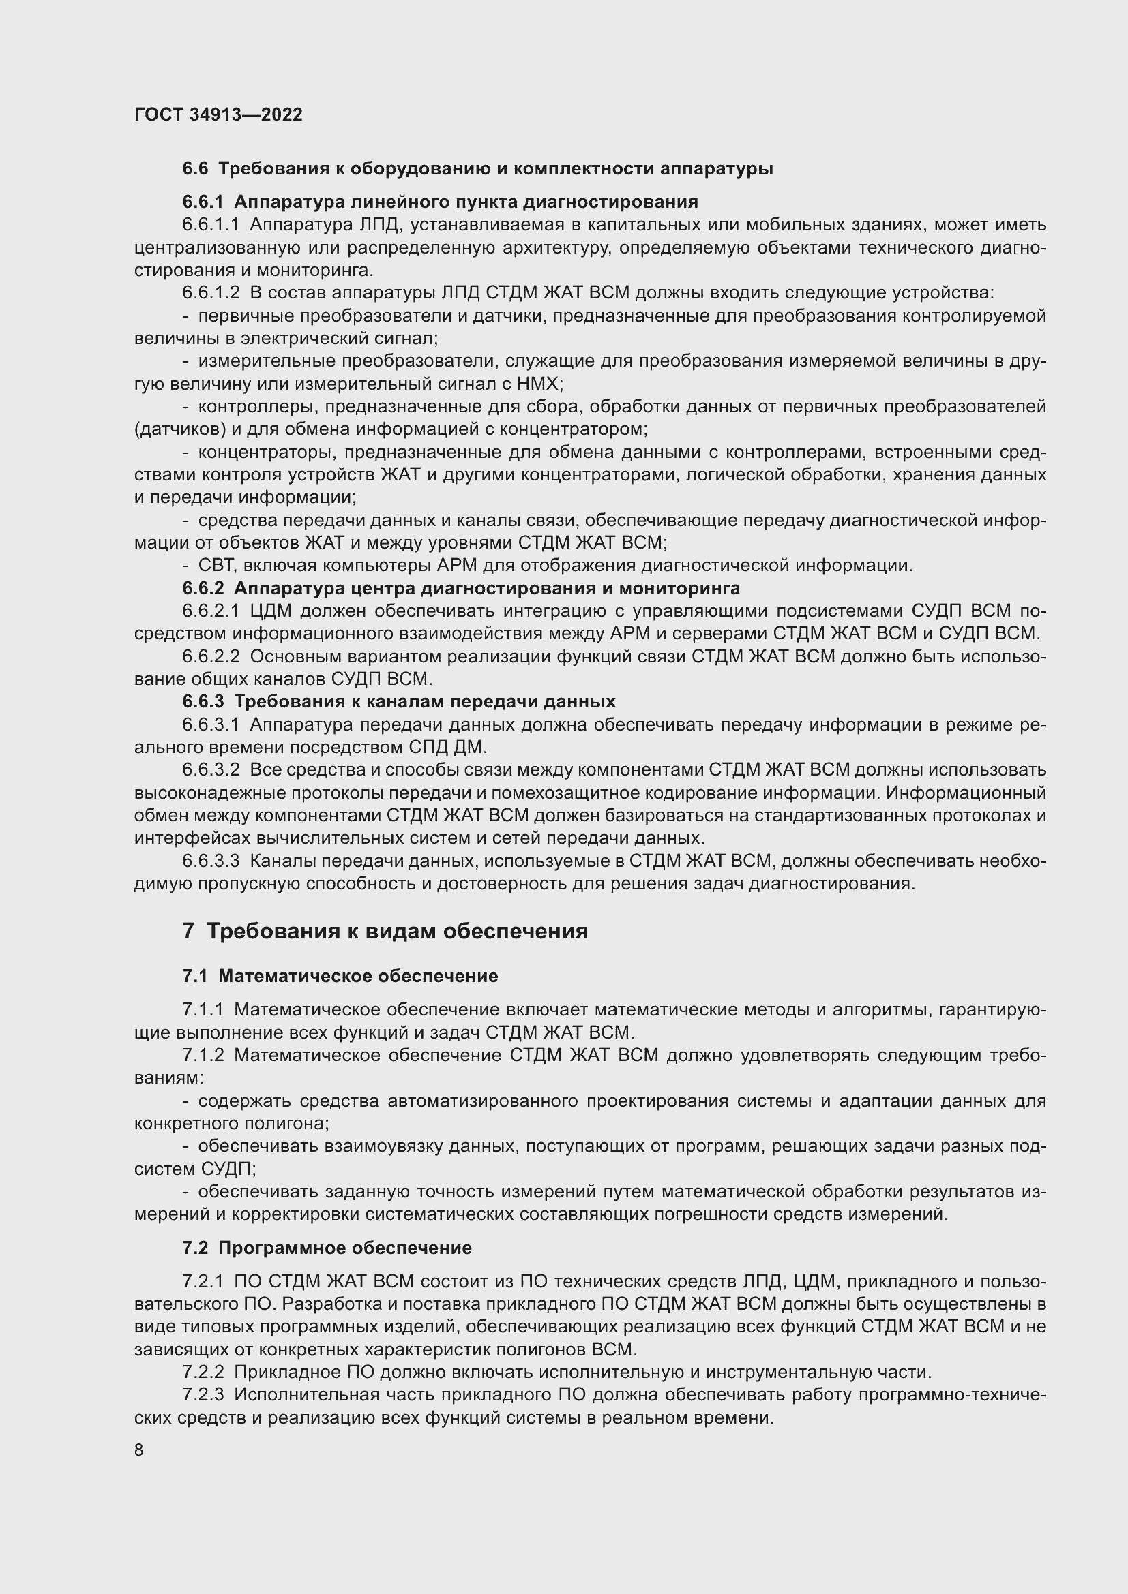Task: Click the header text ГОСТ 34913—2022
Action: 218,114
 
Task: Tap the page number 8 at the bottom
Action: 139,1450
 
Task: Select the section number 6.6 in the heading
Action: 195,169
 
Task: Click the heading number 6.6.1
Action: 203,202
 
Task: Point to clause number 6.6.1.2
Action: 211,293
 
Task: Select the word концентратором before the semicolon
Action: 587,429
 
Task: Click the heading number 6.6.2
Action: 203,589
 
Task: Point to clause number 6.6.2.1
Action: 211,611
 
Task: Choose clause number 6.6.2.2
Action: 211,656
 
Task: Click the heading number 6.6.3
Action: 203,702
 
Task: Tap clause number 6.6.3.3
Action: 211,861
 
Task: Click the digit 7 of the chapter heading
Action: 188,931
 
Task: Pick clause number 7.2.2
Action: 203,1372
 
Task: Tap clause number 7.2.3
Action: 203,1395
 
